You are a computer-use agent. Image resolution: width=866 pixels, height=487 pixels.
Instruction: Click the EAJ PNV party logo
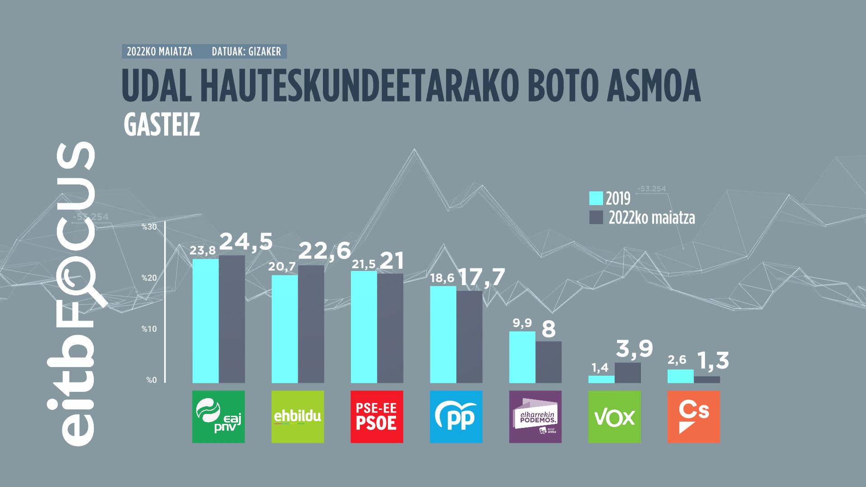[218, 417]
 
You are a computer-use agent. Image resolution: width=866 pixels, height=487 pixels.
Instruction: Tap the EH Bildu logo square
[298, 417]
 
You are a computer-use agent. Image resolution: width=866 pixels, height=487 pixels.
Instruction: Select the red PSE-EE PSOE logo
[377, 417]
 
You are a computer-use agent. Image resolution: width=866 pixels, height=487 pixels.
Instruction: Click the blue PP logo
[456, 417]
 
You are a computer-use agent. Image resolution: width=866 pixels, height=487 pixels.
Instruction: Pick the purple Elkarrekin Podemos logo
[535, 417]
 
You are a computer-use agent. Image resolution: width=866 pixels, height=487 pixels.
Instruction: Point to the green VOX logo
[614, 417]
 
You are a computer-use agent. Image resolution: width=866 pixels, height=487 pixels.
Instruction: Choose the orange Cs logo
[694, 417]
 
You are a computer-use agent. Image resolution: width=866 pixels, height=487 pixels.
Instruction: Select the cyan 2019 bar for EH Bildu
[285, 329]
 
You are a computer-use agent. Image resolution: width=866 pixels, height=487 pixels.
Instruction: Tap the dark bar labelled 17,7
[470, 337]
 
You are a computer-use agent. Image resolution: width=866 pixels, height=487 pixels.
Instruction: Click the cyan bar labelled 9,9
[522, 357]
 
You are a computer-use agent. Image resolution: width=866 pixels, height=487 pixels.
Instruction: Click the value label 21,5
[364, 265]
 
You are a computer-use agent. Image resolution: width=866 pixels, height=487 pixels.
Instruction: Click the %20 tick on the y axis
[149, 278]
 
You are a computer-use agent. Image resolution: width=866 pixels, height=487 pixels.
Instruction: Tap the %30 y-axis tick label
[149, 227]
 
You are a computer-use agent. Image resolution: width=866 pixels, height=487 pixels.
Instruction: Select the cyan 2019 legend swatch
[596, 198]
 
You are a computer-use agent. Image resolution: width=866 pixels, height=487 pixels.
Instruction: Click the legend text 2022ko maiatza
[651, 218]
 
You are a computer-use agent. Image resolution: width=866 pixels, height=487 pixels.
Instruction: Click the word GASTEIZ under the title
[161, 127]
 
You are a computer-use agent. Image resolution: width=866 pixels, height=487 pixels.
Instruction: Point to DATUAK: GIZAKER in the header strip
[246, 52]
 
